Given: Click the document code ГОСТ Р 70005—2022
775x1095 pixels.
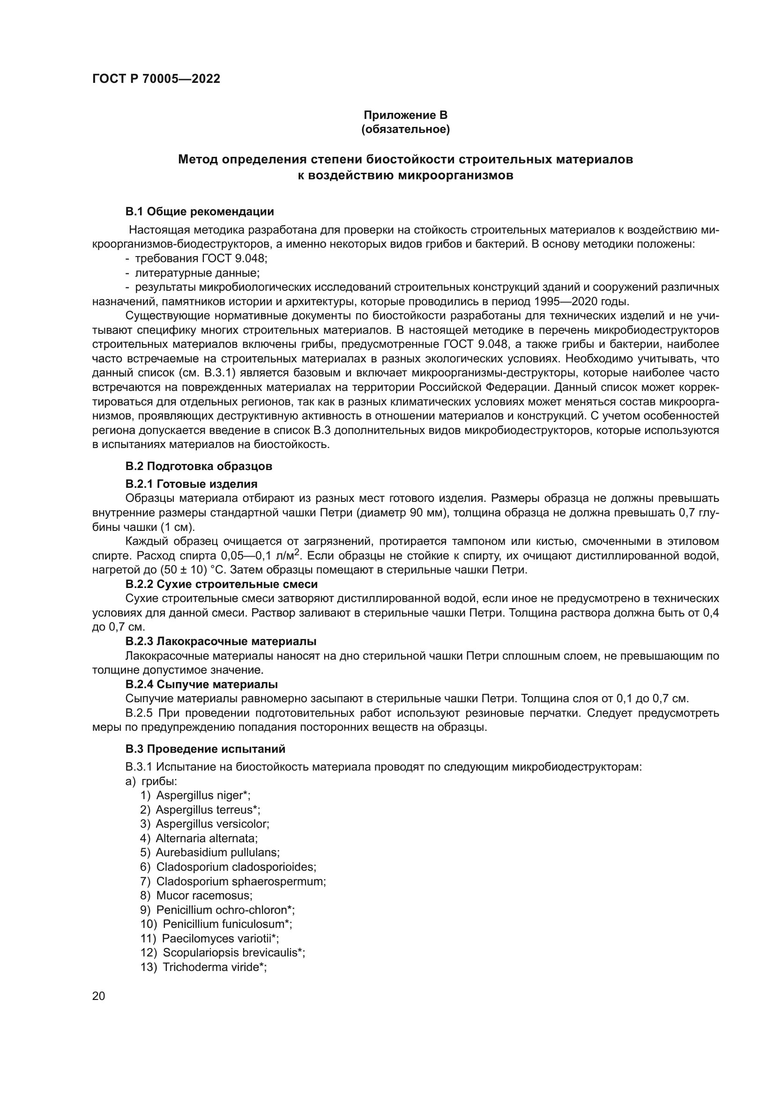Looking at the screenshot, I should (x=156, y=79).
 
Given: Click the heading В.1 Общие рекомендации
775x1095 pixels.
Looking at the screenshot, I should (x=200, y=211).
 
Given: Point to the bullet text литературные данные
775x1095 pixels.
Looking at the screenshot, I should (x=197, y=273).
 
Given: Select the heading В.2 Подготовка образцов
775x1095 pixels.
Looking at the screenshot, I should (x=199, y=466).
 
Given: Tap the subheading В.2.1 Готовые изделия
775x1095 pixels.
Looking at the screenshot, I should (x=191, y=484).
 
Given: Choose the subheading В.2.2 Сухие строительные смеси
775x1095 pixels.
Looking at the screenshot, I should (x=222, y=584).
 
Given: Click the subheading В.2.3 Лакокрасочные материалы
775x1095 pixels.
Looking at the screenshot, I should (x=221, y=641).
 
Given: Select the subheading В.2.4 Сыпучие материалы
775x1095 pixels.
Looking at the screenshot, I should (x=201, y=684).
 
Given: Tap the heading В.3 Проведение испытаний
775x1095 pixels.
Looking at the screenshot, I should (x=205, y=749).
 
